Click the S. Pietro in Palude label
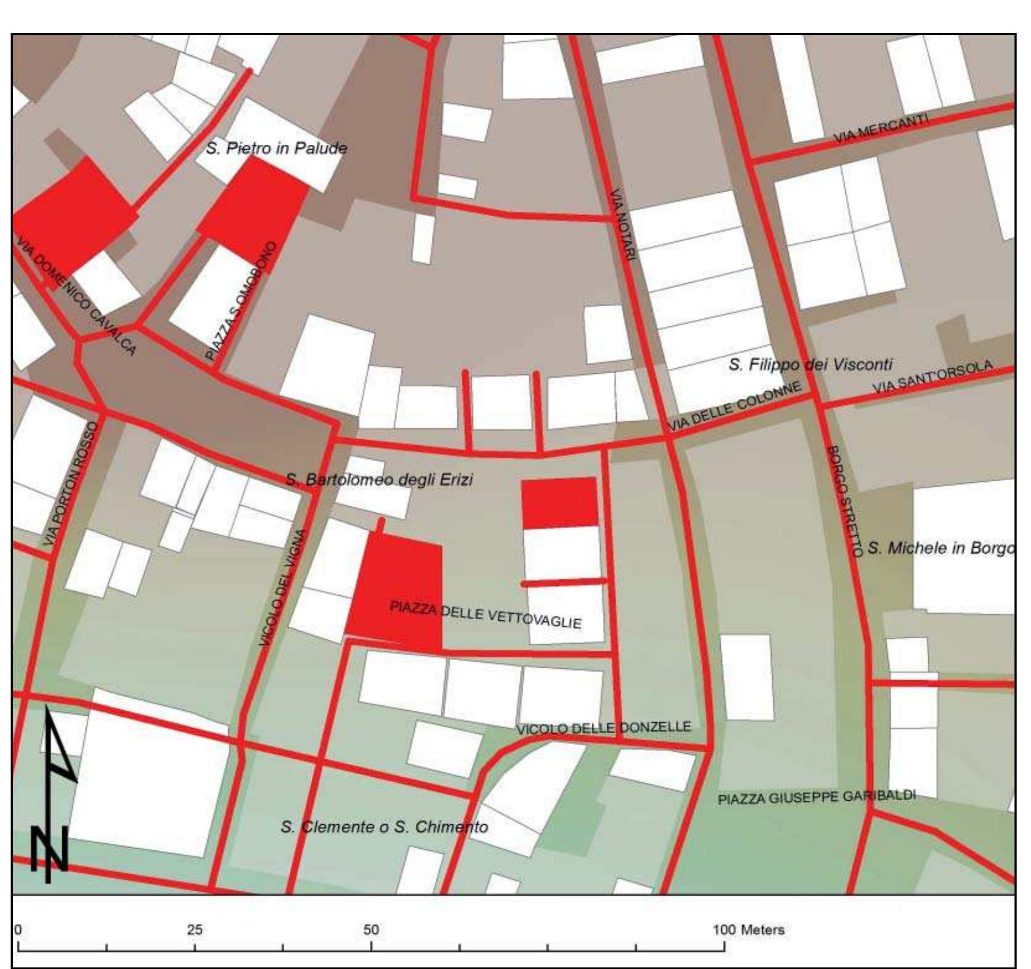coord(276,148)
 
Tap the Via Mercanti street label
coord(881,129)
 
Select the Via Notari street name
coord(622,225)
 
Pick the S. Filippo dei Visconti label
coord(810,364)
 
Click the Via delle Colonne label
coord(734,406)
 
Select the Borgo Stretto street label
coord(843,502)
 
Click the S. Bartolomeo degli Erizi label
coord(379,480)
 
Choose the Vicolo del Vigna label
coord(283,588)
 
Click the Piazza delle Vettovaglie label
coord(485,614)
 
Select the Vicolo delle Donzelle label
coord(604,727)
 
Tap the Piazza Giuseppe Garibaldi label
coord(816,797)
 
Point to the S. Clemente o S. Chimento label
coord(384,827)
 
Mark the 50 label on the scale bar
coord(372,930)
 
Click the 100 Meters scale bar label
coord(748,930)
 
